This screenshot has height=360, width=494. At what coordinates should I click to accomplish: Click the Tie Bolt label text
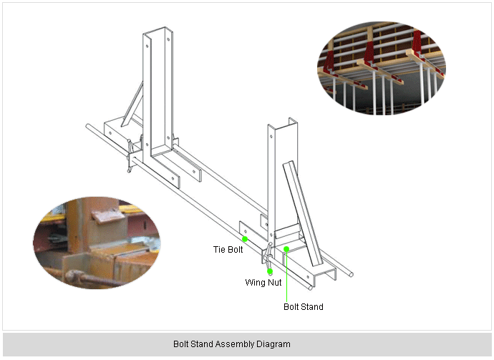tap(228, 250)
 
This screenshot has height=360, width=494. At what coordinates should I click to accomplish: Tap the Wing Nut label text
tap(263, 282)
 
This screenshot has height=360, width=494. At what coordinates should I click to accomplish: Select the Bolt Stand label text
tap(303, 307)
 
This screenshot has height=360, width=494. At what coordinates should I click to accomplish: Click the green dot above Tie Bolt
tap(245, 239)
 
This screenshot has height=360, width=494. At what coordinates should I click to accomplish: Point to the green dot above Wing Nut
tap(270, 271)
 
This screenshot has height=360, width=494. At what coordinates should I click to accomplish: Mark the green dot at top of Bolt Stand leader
tap(286, 249)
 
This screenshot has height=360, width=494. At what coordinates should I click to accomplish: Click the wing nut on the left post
tap(130, 156)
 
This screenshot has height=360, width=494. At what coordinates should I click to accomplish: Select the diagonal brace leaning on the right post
tap(302, 213)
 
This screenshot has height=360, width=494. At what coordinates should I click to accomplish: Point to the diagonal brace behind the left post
tap(132, 104)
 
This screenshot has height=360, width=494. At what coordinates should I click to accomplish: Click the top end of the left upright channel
tap(158, 31)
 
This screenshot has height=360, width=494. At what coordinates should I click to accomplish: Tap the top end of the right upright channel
tap(283, 124)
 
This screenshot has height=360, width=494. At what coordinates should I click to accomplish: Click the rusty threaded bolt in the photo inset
tap(92, 278)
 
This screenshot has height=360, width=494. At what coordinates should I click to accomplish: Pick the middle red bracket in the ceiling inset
tap(369, 52)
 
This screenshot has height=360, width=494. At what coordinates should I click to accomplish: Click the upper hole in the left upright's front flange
tap(147, 46)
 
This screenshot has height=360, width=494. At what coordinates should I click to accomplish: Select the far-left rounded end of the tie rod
tap(87, 126)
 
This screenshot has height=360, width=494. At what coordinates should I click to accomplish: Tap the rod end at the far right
tap(351, 275)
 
